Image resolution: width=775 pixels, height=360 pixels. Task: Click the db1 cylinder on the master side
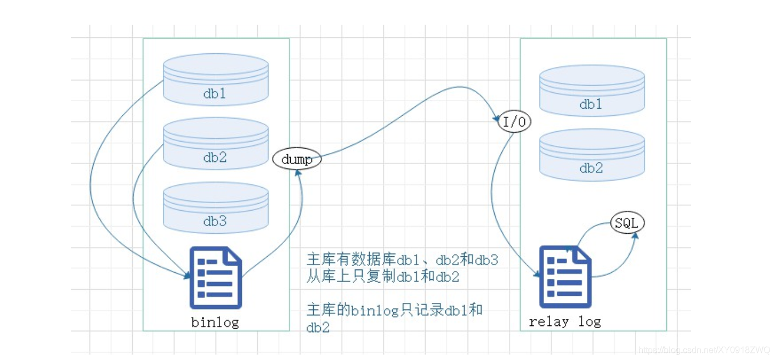click(x=216, y=79)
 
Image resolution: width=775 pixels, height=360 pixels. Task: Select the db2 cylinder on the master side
click(x=216, y=143)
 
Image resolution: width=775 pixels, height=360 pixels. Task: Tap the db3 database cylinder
click(x=216, y=207)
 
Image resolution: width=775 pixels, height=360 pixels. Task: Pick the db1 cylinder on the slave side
click(x=592, y=91)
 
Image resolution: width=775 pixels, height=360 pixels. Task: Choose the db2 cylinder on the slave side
click(x=592, y=155)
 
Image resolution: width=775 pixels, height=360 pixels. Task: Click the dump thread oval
click(x=297, y=159)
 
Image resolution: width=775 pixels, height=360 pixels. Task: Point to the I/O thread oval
click(x=514, y=121)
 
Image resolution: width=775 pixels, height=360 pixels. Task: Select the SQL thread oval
click(x=627, y=222)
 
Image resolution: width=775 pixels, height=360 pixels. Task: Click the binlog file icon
click(x=216, y=277)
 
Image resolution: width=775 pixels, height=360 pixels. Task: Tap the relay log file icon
click(x=565, y=277)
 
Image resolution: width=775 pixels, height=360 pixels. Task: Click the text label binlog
click(x=215, y=322)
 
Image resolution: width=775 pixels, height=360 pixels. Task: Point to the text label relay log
click(x=564, y=322)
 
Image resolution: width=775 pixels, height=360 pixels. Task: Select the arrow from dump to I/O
click(x=408, y=114)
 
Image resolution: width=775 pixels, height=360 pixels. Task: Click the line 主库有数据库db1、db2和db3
click(x=403, y=260)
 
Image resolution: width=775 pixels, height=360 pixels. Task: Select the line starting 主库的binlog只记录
click(x=394, y=318)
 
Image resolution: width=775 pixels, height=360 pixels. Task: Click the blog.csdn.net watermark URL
click(x=704, y=350)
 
